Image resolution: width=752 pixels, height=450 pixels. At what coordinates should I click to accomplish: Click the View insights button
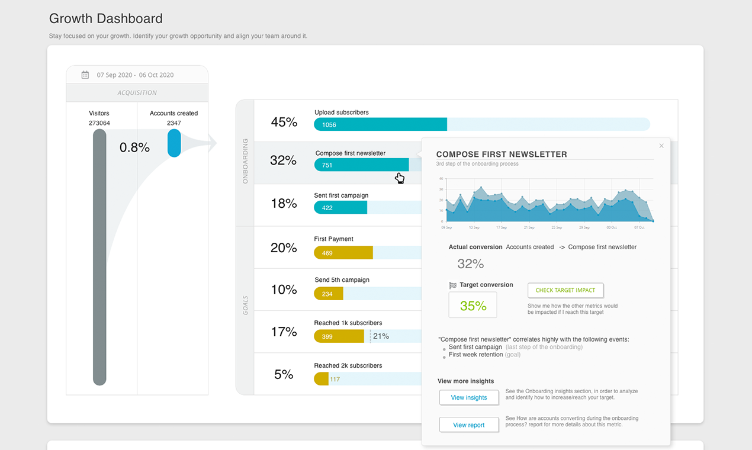click(469, 397)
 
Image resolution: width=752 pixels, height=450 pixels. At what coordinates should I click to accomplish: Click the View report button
click(469, 425)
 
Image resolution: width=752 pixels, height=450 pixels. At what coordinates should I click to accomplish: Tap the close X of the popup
click(661, 146)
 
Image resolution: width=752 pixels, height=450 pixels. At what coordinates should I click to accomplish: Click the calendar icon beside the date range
click(85, 75)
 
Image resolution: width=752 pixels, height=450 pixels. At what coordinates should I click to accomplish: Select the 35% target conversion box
click(473, 306)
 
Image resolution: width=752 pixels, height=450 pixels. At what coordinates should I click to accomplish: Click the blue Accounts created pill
click(174, 143)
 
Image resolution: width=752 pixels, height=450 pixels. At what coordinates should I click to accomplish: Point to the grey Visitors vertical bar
click(99, 258)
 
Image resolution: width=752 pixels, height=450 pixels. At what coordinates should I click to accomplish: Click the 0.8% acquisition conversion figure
click(134, 147)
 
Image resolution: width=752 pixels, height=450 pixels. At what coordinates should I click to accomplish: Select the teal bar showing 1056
click(380, 124)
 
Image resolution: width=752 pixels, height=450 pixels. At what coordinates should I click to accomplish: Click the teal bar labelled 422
click(340, 208)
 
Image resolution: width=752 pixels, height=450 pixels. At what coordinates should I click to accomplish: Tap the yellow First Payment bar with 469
click(343, 253)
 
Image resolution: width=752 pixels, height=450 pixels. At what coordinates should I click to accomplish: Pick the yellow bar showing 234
click(328, 294)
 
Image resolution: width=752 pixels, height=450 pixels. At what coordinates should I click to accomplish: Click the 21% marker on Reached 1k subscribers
click(381, 336)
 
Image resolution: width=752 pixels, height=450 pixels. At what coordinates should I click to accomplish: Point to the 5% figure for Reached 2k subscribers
click(284, 374)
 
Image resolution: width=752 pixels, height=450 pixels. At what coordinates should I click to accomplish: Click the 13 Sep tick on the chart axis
click(474, 227)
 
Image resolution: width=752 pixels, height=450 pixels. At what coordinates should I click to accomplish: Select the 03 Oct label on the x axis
click(611, 227)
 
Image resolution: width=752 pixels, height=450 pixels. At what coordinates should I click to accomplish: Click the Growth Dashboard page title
click(105, 19)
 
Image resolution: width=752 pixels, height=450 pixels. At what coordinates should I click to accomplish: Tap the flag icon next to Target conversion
click(453, 285)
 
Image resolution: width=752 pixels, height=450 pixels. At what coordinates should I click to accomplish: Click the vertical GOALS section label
click(245, 305)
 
